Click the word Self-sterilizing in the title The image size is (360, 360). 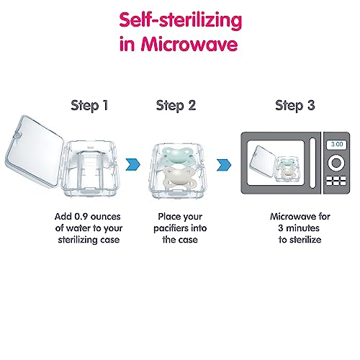pos(181,21)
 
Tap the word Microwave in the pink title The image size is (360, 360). pos(189,44)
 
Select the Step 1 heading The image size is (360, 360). pos(89,106)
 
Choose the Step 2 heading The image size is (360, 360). pos(176,106)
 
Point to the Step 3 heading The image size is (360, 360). pos(295,106)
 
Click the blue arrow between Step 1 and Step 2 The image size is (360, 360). pos(133,165)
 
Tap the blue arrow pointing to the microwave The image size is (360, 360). pos(224,165)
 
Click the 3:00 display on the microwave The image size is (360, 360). pos(337,144)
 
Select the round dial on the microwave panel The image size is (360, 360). pos(336,163)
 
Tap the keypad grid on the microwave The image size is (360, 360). pos(336,181)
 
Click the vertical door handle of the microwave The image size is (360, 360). pos(312,163)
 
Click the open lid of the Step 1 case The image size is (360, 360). pos(35,150)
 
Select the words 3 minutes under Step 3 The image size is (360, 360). pos(299,228)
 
